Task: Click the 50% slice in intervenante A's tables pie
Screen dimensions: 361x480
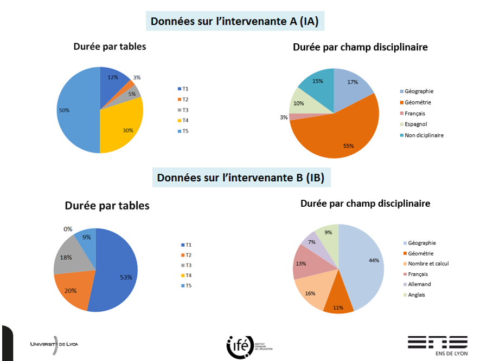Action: (x=76, y=114)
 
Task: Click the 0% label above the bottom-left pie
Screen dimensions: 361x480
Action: (x=68, y=229)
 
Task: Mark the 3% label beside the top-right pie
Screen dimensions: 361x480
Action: (x=284, y=117)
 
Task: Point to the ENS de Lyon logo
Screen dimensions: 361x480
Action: (x=437, y=346)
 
